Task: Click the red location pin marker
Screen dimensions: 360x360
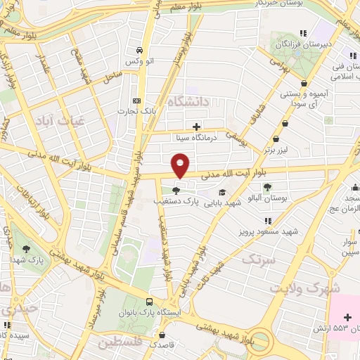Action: point(181,165)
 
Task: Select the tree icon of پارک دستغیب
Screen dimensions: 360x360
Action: point(176,190)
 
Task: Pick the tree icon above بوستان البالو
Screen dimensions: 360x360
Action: point(267,187)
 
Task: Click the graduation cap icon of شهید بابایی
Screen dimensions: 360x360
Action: point(222,192)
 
